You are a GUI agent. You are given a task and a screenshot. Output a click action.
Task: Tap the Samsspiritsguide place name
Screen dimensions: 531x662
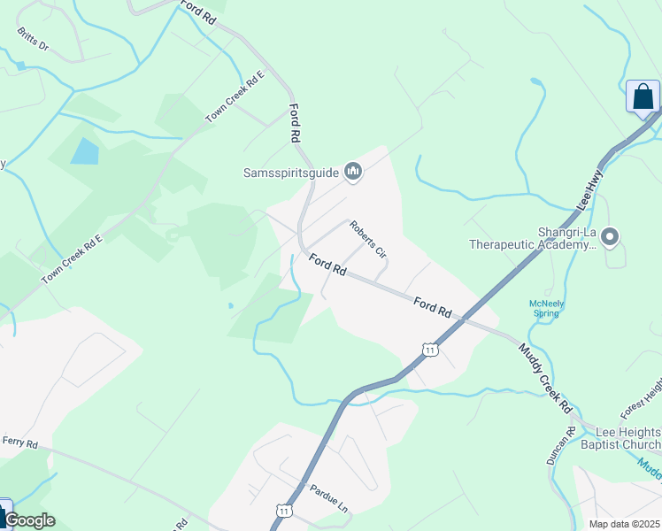tap(292, 173)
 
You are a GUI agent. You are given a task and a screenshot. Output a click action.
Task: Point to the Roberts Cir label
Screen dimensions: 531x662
tap(368, 239)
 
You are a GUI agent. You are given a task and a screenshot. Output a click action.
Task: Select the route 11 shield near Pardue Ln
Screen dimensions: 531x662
tap(283, 511)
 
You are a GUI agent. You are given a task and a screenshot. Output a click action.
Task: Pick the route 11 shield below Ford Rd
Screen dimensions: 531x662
tap(429, 350)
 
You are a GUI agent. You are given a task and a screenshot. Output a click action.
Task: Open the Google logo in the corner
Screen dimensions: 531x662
tap(29, 520)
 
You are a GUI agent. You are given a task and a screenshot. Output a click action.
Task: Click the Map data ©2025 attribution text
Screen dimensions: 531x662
tap(623, 524)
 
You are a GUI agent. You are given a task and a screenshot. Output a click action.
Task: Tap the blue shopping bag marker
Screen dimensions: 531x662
tap(643, 97)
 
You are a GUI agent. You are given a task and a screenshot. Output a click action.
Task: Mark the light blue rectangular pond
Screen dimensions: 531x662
tap(85, 151)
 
